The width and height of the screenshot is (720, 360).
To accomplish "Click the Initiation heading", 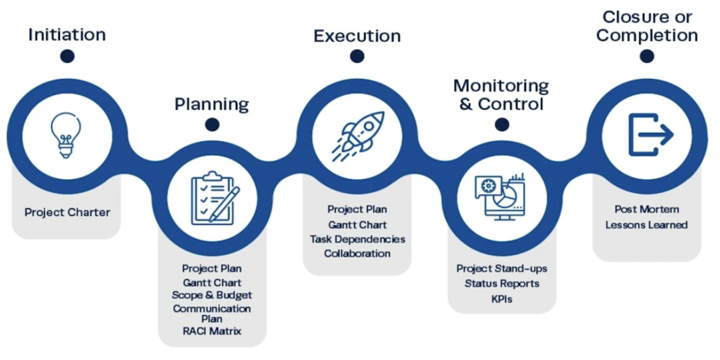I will tap(67, 34).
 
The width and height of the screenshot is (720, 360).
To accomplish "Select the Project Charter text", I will tap(67, 212).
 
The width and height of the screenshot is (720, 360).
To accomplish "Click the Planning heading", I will tap(211, 105).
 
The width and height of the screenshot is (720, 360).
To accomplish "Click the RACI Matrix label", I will tap(212, 331).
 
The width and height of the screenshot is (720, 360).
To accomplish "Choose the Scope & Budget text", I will tap(212, 295).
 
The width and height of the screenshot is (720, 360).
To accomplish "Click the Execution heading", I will tap(357, 36).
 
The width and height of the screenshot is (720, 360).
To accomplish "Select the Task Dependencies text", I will tap(357, 239).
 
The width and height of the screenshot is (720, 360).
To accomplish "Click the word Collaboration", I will tap(357, 253).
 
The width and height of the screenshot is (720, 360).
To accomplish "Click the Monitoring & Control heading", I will tap(501, 95).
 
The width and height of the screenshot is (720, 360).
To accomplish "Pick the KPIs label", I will tap(501, 298).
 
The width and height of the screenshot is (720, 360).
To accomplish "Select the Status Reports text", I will tap(501, 283).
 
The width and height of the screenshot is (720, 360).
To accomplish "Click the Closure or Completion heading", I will tap(647, 26).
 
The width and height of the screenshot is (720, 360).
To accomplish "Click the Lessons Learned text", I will tap(647, 224).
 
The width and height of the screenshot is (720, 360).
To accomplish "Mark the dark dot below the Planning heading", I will tap(212, 126).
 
